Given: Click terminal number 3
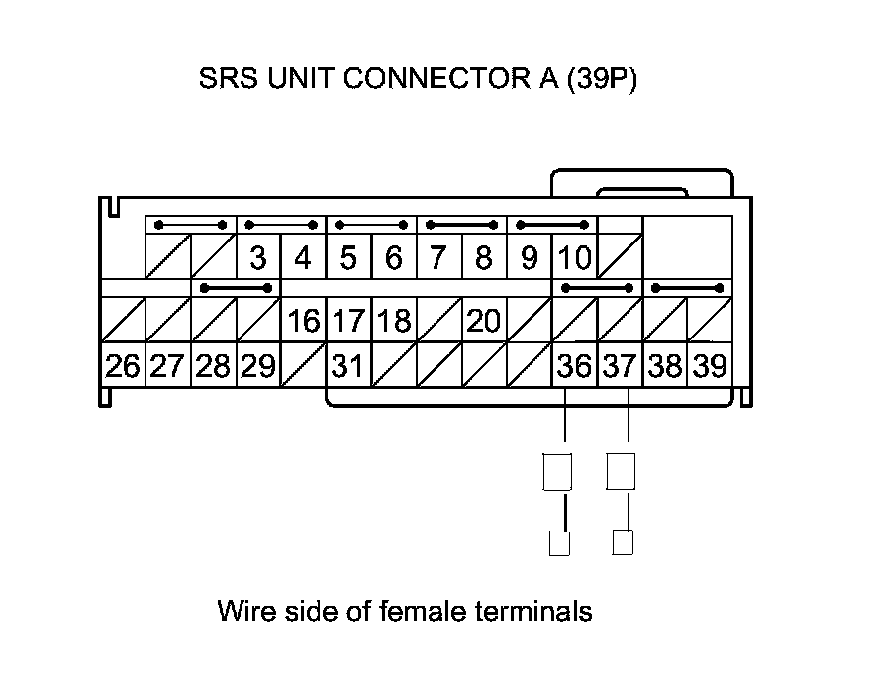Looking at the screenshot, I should [x=258, y=259].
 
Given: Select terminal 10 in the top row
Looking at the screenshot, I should [x=574, y=259].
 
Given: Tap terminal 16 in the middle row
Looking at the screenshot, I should [x=304, y=321].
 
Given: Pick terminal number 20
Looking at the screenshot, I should [x=483, y=321].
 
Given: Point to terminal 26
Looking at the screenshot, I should [x=123, y=367].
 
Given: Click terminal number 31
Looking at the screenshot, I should [x=347, y=367].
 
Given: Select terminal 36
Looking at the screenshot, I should [x=574, y=367].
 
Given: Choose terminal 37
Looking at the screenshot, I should [x=620, y=367].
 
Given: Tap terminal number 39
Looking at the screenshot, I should [x=710, y=367].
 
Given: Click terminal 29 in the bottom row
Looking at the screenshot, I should [x=258, y=367].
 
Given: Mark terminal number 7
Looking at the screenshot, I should [x=438, y=259].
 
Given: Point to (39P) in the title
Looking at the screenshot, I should [x=601, y=79].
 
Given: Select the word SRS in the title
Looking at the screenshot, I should [x=227, y=79].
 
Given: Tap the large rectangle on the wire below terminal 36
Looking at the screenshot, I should [x=558, y=471].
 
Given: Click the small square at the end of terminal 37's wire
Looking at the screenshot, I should [x=623, y=542].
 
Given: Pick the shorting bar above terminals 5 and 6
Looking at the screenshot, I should [x=371, y=225].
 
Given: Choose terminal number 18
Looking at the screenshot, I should [x=393, y=321].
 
